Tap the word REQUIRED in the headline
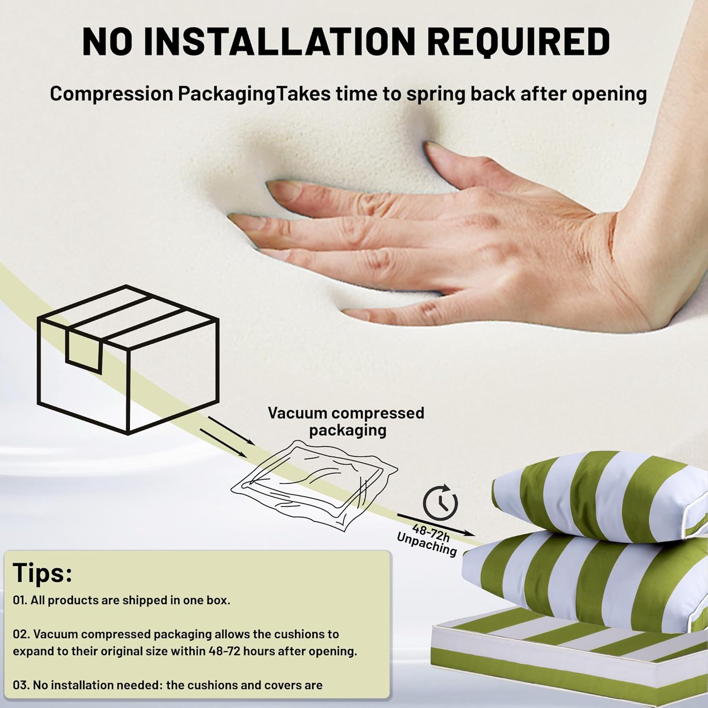[518, 42]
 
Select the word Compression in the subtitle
[112, 94]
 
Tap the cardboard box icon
[128, 360]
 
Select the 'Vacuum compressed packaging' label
[346, 421]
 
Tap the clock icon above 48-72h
[440, 502]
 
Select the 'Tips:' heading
[42, 573]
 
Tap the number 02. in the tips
[21, 634]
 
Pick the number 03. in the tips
[21, 685]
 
